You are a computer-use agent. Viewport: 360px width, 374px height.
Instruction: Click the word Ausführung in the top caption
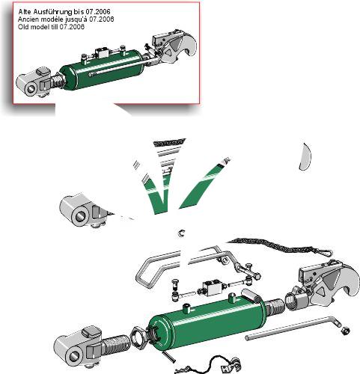(47, 12)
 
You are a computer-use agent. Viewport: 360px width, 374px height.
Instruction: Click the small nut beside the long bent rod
(345, 331)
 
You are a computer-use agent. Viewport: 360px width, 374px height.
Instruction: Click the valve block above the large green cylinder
(212, 288)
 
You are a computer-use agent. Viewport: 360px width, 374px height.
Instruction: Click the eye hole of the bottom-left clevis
(76, 357)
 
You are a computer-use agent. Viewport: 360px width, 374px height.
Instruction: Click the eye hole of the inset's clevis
(31, 89)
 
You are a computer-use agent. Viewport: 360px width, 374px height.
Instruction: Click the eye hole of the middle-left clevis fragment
(80, 216)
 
